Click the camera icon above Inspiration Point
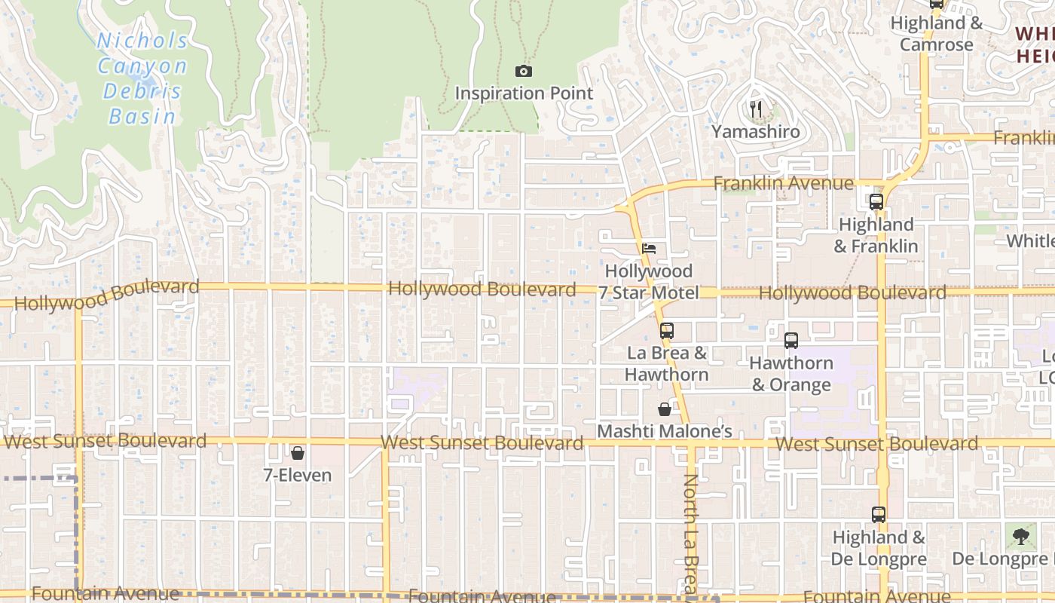click(x=524, y=72)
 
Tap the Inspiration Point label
click(x=524, y=93)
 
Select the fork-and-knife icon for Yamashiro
click(x=756, y=110)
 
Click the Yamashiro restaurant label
click(x=756, y=131)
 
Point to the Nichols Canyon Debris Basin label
click(x=142, y=78)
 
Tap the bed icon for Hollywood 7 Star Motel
click(x=649, y=248)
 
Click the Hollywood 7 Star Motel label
click(x=649, y=282)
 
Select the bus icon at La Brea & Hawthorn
click(x=666, y=330)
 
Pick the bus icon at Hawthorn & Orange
click(x=790, y=340)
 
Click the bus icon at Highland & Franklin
click(x=876, y=202)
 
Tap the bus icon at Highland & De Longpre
click(x=878, y=515)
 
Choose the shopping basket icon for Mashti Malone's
click(x=665, y=409)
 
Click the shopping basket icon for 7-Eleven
click(x=298, y=453)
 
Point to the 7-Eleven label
click(x=298, y=475)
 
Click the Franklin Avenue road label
click(x=783, y=183)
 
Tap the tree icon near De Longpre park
click(x=1020, y=537)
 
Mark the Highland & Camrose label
click(x=937, y=34)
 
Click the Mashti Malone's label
click(x=665, y=431)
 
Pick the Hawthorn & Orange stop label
click(x=791, y=374)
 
